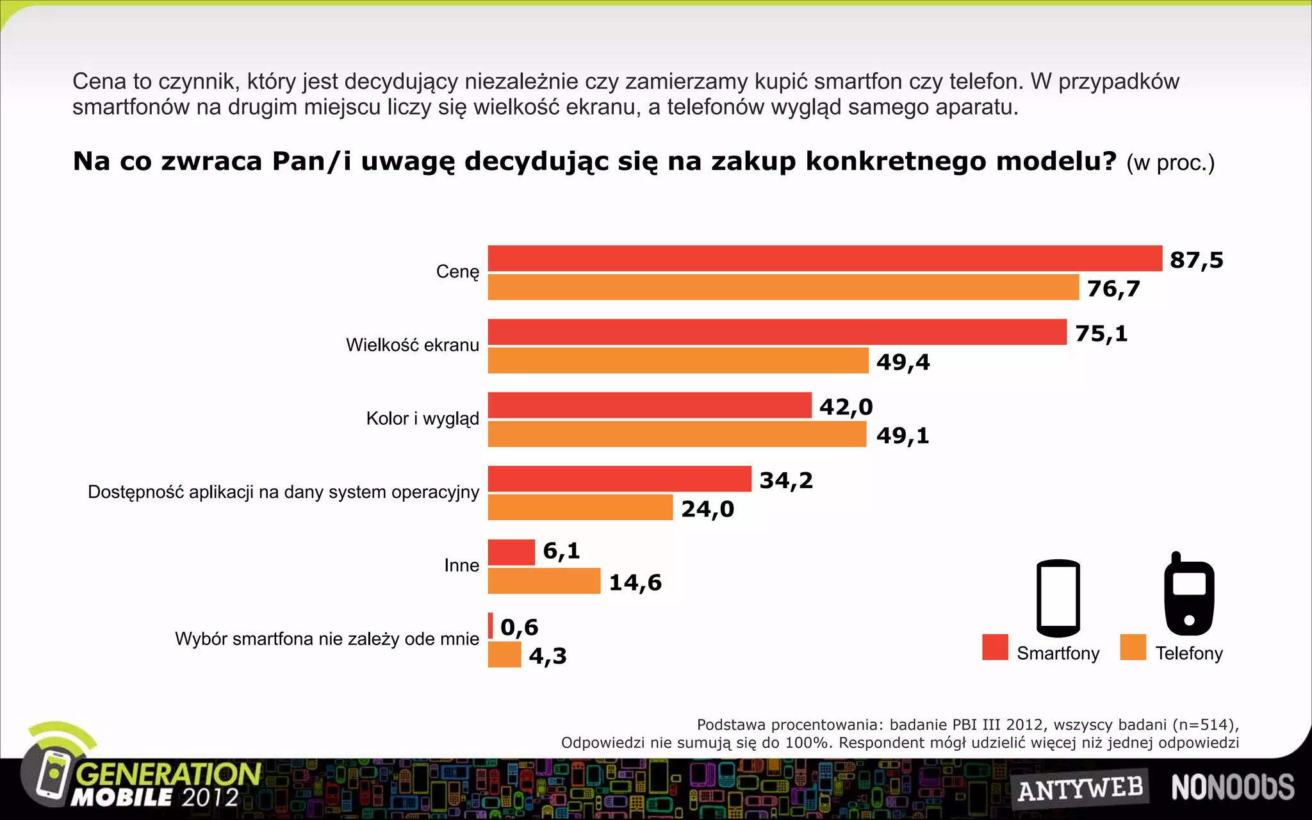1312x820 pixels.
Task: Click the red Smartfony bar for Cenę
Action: [824, 258]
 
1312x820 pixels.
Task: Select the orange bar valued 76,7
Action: [783, 287]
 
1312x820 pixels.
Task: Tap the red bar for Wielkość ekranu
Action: [776, 332]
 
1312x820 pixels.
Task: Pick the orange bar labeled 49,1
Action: [676, 434]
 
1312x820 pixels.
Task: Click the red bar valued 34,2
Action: [619, 479]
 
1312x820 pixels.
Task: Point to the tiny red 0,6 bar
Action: [491, 625]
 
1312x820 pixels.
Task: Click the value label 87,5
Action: [1196, 260]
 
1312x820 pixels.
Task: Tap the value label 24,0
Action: [707, 509]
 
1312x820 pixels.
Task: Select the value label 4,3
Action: [548, 655]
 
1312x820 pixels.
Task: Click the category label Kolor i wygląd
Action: [422, 418]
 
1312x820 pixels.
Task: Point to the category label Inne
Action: [461, 565]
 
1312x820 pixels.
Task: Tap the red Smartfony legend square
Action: [995, 647]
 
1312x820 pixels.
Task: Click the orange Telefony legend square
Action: [1133, 647]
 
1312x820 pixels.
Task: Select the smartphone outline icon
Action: [1058, 597]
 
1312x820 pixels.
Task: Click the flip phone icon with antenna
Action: [1188, 596]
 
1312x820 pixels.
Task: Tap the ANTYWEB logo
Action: [1080, 788]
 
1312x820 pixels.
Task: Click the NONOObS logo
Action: [1232, 787]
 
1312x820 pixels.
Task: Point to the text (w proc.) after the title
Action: [1170, 163]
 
